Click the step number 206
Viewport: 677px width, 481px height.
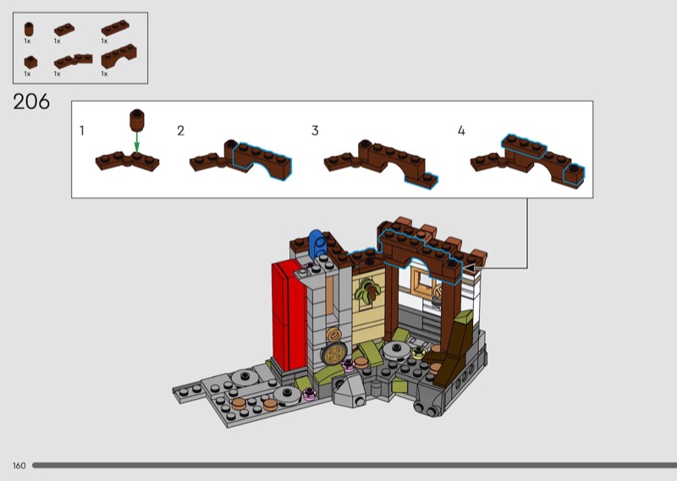(31, 102)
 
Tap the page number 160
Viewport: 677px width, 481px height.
(19, 466)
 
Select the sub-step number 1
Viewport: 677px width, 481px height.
(82, 130)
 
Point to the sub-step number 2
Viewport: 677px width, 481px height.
(181, 130)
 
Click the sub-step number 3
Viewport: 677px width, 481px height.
(315, 130)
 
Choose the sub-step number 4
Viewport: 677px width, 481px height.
(461, 130)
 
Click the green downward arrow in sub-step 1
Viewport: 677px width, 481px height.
(137, 141)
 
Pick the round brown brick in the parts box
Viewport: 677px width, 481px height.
(29, 30)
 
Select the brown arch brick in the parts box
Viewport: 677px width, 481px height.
(118, 56)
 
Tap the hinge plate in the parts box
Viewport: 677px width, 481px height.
(74, 61)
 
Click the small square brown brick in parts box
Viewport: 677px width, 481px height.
(30, 62)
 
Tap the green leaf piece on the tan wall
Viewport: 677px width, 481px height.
(367, 290)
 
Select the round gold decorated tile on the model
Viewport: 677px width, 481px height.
(334, 354)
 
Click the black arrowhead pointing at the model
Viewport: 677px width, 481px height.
(469, 268)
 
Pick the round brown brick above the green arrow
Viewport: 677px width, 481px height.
(137, 120)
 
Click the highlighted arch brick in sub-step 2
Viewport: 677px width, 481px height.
(262, 160)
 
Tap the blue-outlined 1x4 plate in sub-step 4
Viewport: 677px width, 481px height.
(524, 146)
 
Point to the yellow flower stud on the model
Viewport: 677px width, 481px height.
(418, 352)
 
